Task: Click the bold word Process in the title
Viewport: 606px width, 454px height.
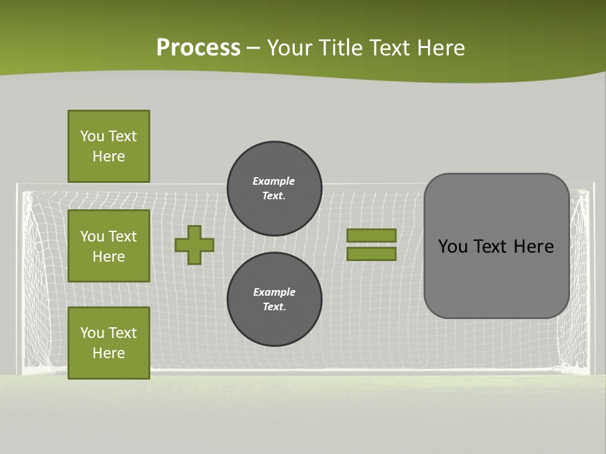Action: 198,48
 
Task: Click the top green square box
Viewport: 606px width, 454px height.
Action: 109,146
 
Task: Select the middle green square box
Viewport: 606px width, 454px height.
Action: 109,246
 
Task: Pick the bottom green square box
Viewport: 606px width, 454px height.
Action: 109,343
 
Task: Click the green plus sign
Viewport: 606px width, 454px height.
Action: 194,245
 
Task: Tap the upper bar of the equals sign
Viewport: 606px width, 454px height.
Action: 371,235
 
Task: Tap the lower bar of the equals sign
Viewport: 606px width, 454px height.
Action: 371,253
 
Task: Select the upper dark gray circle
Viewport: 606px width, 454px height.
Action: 274,188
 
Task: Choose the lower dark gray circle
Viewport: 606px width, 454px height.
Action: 274,299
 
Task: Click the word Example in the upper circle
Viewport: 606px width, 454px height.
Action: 273,181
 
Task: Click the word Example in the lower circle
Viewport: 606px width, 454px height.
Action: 274,292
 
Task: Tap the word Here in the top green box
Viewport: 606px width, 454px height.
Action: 109,156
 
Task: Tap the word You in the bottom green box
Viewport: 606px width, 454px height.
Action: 92,333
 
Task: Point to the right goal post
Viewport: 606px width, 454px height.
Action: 591,277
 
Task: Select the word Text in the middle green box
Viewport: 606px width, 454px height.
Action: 122,236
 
